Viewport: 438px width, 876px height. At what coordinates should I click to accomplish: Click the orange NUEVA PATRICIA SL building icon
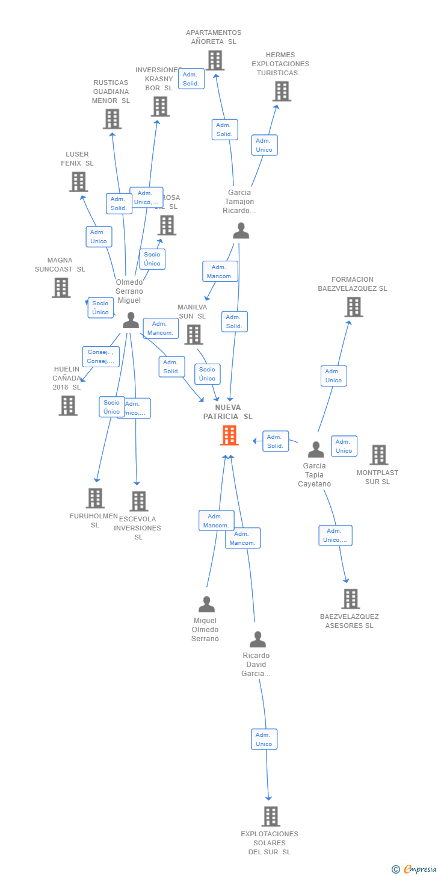point(229,435)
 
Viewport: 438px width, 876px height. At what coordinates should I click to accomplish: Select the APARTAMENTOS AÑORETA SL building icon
point(215,60)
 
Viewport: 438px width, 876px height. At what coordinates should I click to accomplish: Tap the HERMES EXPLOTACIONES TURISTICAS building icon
point(281,91)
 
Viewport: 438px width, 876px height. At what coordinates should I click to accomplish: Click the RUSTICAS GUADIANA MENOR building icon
point(112,119)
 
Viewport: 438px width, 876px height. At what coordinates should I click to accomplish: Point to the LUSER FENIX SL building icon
point(78,181)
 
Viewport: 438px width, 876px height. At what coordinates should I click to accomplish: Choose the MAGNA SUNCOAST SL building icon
point(61,287)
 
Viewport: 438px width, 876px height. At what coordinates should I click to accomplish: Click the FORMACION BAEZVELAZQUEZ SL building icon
point(353,306)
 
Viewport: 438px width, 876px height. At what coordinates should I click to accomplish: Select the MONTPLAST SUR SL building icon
point(378,455)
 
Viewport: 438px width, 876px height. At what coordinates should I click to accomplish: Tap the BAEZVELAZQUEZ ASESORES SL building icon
point(350,598)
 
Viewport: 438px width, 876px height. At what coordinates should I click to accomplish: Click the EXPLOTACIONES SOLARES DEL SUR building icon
point(270,816)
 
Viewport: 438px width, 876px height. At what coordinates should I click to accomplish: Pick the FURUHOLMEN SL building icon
point(95,498)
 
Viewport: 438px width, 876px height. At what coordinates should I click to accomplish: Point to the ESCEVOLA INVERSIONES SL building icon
point(138,501)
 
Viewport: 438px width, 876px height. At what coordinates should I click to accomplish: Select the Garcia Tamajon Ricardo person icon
point(241,231)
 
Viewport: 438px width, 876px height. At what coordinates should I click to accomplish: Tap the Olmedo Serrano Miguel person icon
point(131,320)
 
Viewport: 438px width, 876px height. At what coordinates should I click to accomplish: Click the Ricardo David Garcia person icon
point(258,639)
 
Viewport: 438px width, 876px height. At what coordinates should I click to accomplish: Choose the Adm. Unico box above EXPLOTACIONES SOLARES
point(264,739)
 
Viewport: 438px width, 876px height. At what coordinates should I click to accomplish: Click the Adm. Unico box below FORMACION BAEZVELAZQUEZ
point(333,376)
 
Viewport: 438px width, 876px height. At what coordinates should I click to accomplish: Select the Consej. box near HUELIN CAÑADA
point(100,356)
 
